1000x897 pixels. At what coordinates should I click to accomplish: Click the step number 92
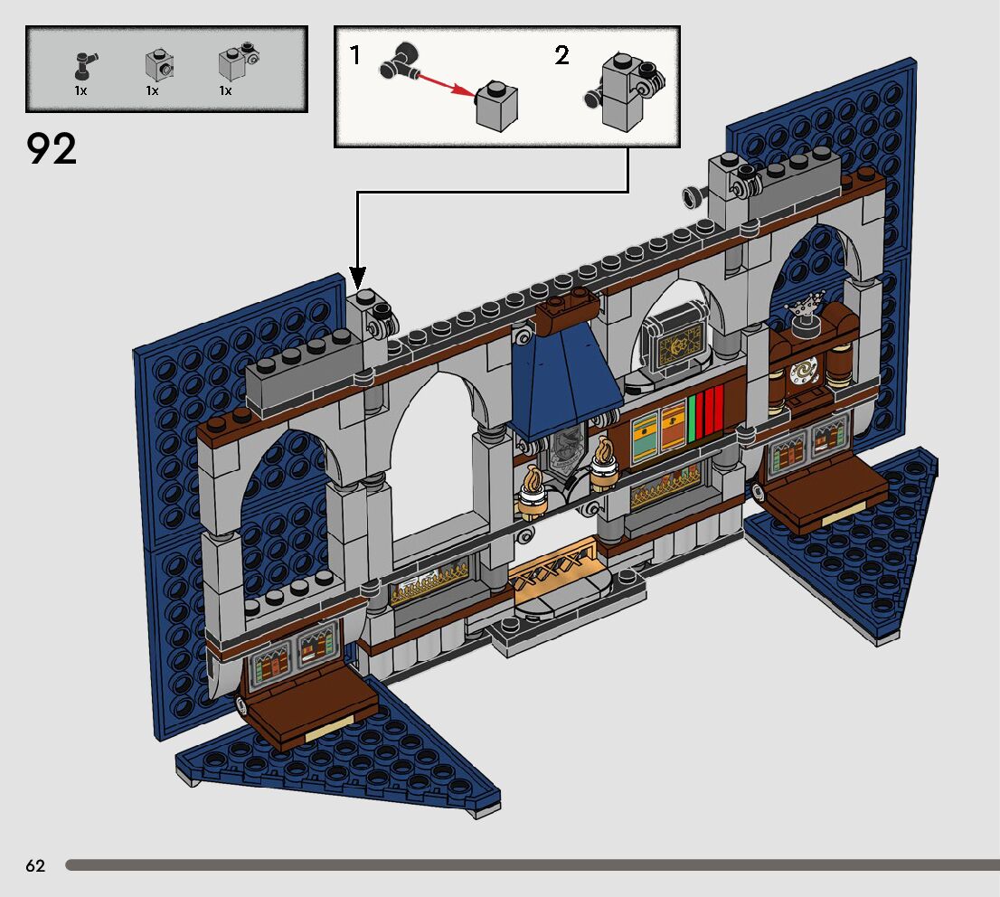click(x=52, y=149)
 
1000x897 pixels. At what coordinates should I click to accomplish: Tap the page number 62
click(x=35, y=866)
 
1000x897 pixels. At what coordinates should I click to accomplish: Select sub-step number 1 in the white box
click(x=355, y=56)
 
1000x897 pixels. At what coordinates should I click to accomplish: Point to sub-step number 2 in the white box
click(x=561, y=56)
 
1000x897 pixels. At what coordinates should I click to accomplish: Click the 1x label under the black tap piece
click(x=80, y=91)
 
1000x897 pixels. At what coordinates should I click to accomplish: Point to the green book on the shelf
click(x=694, y=421)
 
